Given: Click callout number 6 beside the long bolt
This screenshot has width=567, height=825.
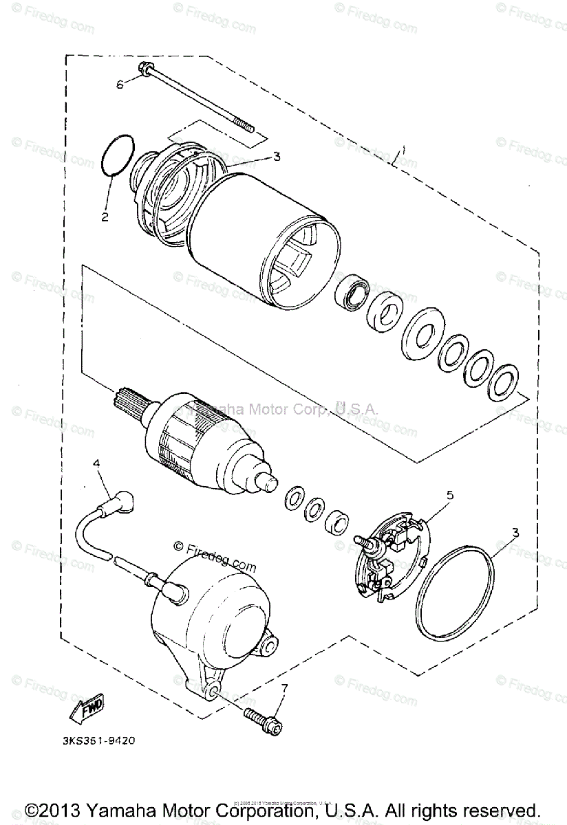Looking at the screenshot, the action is point(120,84).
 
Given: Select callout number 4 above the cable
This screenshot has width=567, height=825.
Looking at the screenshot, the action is point(96,464).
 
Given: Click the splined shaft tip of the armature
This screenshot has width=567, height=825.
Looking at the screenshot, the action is point(128,399).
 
